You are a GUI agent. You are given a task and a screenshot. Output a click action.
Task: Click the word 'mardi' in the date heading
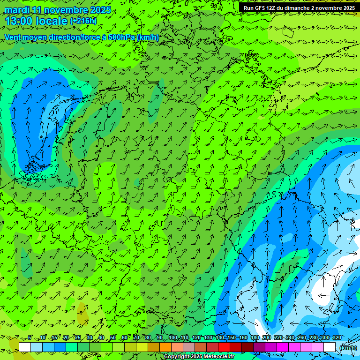pyautogui.click(x=15, y=10)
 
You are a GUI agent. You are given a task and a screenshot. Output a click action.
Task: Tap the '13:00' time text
pyautogui.click(x=19, y=21)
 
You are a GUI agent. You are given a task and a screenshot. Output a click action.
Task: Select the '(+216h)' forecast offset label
pyautogui.click(x=83, y=21)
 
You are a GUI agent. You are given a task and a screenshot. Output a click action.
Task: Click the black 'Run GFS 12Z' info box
pyautogui.click(x=299, y=8)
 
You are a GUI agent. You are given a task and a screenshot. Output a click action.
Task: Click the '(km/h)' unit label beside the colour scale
pyautogui.click(x=348, y=347)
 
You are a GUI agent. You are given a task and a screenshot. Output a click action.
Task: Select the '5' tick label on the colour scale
pyautogui.click(x=30, y=338)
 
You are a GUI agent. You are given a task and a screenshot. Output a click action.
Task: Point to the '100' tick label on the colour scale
pyautogui.click(x=173, y=338)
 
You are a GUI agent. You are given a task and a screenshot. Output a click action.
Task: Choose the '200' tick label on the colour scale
pyautogui.click(x=267, y=338)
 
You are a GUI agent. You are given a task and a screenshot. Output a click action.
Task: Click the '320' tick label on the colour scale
pyautogui.click(x=337, y=338)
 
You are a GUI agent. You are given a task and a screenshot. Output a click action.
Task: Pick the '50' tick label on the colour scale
pyautogui.click(x=112, y=338)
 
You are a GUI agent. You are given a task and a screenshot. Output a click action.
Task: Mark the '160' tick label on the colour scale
pyautogui.click(x=243, y=338)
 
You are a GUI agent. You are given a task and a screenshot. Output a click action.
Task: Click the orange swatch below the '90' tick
pyautogui.click(x=165, y=347)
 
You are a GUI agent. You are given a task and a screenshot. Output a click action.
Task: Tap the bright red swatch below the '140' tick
pyautogui.click(x=224, y=347)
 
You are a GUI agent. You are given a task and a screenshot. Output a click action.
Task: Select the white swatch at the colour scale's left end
pyautogui.click(x=24, y=347)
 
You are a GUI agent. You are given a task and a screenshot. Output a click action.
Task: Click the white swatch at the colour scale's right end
pyautogui.click(x=329, y=347)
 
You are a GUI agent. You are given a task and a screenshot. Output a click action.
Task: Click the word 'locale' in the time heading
pyautogui.click(x=51, y=21)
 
